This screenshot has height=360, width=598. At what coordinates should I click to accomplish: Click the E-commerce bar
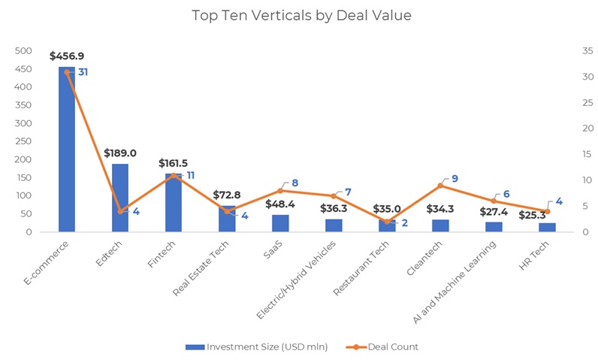[x=67, y=150]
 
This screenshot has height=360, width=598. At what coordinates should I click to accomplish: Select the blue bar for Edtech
[x=120, y=198]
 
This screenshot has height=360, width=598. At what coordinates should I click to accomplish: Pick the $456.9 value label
[x=67, y=56]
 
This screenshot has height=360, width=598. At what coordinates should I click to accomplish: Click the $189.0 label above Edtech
[x=120, y=153]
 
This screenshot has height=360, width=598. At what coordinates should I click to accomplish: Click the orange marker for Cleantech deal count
[x=440, y=185]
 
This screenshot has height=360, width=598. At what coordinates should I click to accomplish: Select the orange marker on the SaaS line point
[x=280, y=190]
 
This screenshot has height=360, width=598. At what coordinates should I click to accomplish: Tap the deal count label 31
[x=83, y=72]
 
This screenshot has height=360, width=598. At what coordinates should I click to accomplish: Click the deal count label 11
[x=190, y=175]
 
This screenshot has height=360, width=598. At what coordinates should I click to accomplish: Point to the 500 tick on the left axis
[x=24, y=51]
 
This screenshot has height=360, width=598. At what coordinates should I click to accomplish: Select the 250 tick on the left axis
[x=24, y=141]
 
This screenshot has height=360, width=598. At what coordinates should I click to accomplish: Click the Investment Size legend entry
[x=257, y=346]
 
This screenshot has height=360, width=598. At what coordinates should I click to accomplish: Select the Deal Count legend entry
[x=385, y=346]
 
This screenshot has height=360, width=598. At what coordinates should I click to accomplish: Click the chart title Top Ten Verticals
[x=301, y=15]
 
